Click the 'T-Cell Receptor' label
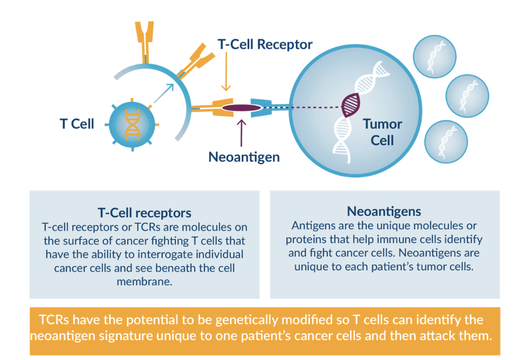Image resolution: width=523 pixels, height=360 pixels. pyautogui.click(x=265, y=45)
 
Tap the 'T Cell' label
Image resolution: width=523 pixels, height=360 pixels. pyautogui.click(x=77, y=124)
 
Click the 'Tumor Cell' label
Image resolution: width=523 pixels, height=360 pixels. pyautogui.click(x=382, y=132)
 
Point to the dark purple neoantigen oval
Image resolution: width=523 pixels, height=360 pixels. pyautogui.click(x=242, y=108)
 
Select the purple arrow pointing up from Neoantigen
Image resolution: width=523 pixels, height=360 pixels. pyautogui.click(x=242, y=131)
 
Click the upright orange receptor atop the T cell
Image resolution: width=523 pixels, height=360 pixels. pyautogui.click(x=145, y=40)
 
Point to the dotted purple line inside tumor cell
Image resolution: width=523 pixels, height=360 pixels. pyautogui.click(x=313, y=108)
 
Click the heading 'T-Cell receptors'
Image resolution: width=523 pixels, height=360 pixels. pyautogui.click(x=145, y=213)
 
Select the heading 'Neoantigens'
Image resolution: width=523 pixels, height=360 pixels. pyautogui.click(x=384, y=211)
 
